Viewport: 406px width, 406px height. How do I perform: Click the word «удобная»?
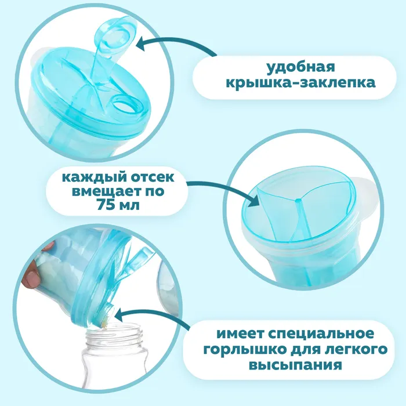point(300,68)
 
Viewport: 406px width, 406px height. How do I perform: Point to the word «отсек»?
point(152,178)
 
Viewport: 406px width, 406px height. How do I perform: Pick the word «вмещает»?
point(104,192)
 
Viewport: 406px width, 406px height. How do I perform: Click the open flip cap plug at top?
point(115,34)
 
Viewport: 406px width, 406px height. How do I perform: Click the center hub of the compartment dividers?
point(298,200)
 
